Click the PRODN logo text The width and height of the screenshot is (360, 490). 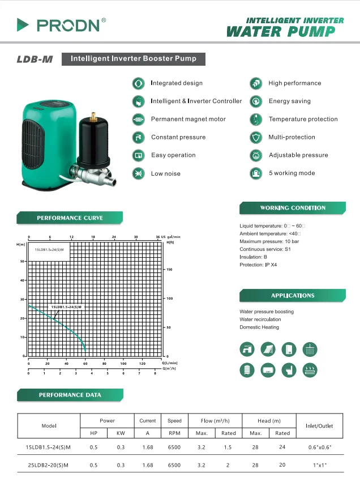point(71,25)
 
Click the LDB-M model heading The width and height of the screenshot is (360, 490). point(35,59)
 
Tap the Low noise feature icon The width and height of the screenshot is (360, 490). point(138,173)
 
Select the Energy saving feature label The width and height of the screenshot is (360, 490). point(289,101)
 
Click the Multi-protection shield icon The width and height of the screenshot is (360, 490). point(256,137)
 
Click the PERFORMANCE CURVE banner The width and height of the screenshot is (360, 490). point(70,218)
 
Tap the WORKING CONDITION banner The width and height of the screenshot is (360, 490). point(293,208)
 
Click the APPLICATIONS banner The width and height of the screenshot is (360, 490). point(293,296)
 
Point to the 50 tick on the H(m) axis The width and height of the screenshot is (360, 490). point(23,262)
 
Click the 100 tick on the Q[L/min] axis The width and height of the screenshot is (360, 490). point(123,363)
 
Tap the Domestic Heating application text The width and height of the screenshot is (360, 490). point(259,327)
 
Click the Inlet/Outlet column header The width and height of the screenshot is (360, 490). point(319,426)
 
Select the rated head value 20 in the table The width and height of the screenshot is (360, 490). point(282,465)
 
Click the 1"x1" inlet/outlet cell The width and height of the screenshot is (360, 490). point(319,465)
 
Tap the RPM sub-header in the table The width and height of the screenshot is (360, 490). point(174,433)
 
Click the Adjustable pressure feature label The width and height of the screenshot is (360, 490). point(298,155)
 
